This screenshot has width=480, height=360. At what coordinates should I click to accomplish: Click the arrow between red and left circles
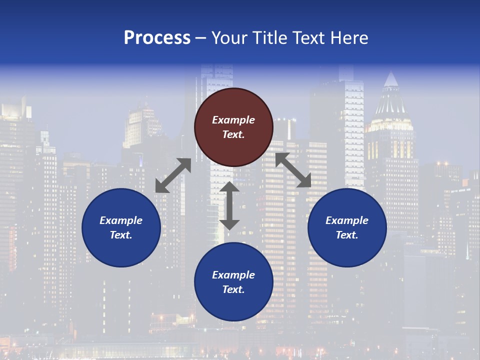[x=173, y=175]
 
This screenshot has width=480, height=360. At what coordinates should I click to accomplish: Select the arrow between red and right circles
[x=293, y=170]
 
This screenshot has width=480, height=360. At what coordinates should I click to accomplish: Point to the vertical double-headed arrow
[x=229, y=205]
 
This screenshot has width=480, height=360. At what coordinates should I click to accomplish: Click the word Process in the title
[x=157, y=38]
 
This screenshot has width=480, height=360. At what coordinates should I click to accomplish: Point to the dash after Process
[x=201, y=38]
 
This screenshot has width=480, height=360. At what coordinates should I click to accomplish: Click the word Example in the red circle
[x=233, y=120]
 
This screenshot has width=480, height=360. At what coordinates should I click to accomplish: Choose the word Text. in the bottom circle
[x=233, y=289]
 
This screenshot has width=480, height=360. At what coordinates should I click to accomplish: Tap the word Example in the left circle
[x=121, y=220]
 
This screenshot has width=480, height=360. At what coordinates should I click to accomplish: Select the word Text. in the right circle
[x=347, y=235]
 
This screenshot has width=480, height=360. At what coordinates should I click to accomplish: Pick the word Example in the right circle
[x=347, y=220]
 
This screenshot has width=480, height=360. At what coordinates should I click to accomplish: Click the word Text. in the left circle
[x=121, y=235]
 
